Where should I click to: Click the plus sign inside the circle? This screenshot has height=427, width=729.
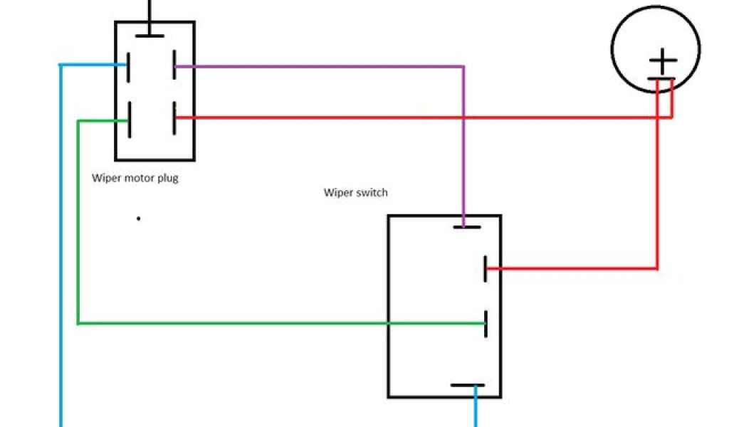click(x=662, y=61)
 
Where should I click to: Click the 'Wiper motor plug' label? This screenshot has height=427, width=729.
click(x=135, y=178)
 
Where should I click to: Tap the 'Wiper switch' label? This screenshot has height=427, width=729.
click(x=356, y=193)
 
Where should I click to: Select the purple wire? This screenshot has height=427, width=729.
click(x=320, y=67)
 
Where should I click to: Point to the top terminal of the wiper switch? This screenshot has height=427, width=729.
click(x=467, y=228)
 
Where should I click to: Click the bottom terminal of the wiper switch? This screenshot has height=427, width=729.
click(x=468, y=386)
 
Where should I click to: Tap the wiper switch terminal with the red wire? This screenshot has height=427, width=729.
click(x=486, y=269)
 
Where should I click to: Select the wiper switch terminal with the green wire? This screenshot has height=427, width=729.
click(x=486, y=324)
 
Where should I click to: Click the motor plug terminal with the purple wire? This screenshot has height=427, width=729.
click(x=174, y=66)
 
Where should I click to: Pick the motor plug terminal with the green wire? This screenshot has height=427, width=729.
click(x=130, y=120)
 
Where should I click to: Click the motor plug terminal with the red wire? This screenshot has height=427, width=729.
click(x=175, y=118)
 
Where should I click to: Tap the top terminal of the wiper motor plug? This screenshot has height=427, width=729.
click(x=150, y=35)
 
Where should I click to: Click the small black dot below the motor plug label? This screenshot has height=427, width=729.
click(x=138, y=218)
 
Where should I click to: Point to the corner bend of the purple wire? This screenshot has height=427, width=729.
click(x=463, y=67)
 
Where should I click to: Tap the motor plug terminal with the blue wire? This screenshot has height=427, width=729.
click(x=128, y=66)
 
